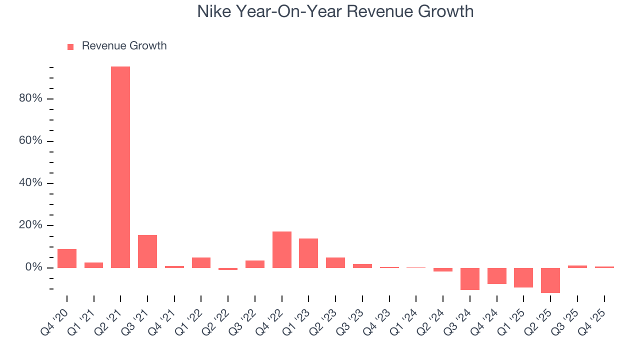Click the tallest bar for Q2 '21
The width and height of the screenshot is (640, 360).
pyautogui.click(x=120, y=167)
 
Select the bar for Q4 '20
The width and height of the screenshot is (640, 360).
pyautogui.click(x=67, y=258)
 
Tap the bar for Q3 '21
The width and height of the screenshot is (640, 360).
pyautogui.click(x=147, y=251)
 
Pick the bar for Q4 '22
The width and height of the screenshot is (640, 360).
pyautogui.click(x=282, y=249)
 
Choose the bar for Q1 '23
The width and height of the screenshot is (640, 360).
pyautogui.click(x=308, y=253)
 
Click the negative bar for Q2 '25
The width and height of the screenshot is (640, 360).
pyautogui.click(x=550, y=280)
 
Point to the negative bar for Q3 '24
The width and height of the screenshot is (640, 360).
pyautogui.click(x=470, y=279)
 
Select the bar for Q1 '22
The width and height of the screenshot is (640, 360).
pyautogui.click(x=201, y=262)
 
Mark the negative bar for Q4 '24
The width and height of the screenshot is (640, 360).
pyautogui.click(x=497, y=276)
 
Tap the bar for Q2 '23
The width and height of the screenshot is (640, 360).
pyautogui.click(x=335, y=262)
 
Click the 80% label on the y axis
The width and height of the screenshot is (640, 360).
pyautogui.click(x=30, y=98)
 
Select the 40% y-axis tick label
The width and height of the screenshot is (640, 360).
pyautogui.click(x=30, y=183)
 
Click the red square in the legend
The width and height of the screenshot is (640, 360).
pyautogui.click(x=70, y=46)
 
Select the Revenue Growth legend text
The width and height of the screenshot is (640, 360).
pyautogui.click(x=124, y=46)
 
